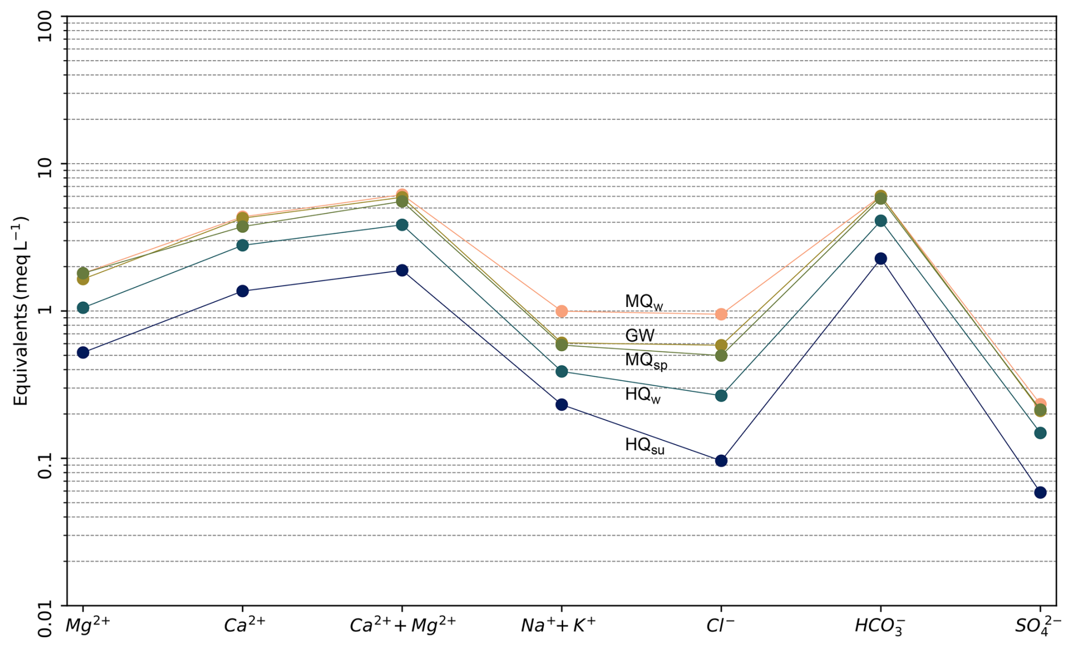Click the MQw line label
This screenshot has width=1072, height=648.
[x=643, y=302]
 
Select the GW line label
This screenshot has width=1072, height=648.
[x=640, y=335]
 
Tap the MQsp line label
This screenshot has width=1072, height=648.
[x=645, y=360]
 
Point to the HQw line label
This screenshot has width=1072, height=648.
[x=643, y=394]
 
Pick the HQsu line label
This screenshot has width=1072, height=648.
[x=644, y=445]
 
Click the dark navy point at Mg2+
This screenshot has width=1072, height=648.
[x=83, y=352]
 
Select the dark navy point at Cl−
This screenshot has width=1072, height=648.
[x=721, y=461]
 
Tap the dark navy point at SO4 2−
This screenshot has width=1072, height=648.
[x=1040, y=492]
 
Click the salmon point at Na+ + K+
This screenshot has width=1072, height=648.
[x=561, y=311]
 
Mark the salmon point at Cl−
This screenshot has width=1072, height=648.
[x=721, y=314]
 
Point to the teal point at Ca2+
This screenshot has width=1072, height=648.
[x=243, y=245]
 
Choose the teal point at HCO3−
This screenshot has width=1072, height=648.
[x=880, y=221]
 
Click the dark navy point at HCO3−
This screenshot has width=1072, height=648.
[x=880, y=258]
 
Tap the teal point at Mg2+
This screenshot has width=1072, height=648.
[x=83, y=308]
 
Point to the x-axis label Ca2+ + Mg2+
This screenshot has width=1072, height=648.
[x=402, y=625]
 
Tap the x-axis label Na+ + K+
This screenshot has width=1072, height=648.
[x=558, y=625]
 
